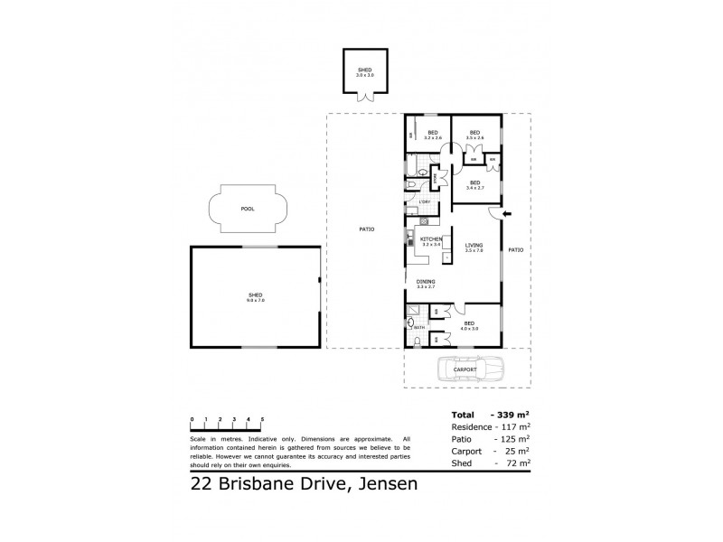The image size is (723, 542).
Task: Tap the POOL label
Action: point(248,209)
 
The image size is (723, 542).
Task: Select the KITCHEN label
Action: point(430,238)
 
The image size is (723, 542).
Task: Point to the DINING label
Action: point(426,282)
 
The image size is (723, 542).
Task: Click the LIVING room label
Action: point(474,246)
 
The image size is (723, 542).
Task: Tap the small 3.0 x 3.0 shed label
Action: point(365,71)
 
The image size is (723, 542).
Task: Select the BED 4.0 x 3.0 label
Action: point(470,324)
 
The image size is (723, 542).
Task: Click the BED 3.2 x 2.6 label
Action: point(432,135)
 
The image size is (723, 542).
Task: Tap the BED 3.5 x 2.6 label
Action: point(474,135)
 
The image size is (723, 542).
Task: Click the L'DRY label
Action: point(411,201)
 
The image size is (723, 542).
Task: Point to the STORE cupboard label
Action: point(436,178)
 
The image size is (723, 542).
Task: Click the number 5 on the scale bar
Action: point(262,420)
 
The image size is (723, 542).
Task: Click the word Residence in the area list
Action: point(471,426)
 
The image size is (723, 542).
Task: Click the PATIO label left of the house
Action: point(366,230)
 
